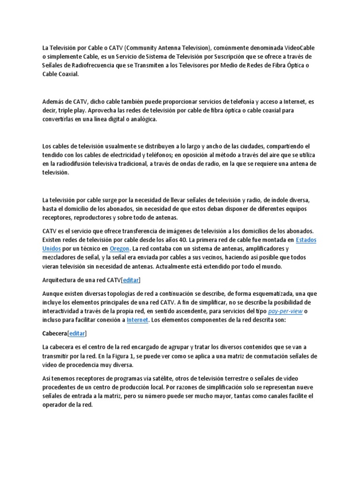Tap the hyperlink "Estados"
pyautogui.click(x=307, y=240)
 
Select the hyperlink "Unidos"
pyautogui.click(x=51, y=248)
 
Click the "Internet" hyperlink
pyautogui.click(x=137, y=320)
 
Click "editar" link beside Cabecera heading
pyautogui.click(x=77, y=334)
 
